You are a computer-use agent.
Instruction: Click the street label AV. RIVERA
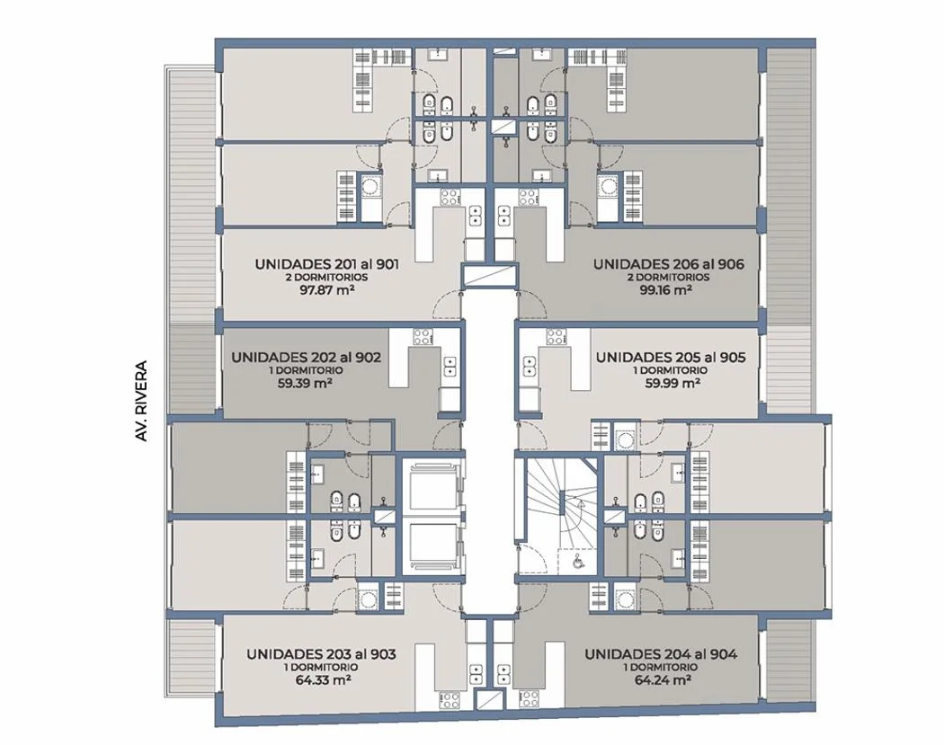(x=141, y=401)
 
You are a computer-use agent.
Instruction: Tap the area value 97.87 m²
(x=326, y=290)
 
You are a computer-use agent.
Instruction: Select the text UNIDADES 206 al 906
(x=668, y=264)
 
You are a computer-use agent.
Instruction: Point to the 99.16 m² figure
(x=664, y=290)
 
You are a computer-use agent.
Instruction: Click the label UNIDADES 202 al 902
(x=306, y=358)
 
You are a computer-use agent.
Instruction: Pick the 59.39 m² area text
(x=306, y=384)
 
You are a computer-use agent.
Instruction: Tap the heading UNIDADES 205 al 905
(x=671, y=358)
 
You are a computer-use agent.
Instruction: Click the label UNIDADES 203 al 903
(x=322, y=654)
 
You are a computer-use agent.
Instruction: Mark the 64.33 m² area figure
(x=324, y=680)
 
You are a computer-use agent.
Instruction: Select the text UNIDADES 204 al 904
(x=661, y=654)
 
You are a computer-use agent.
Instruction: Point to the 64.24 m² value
(x=663, y=680)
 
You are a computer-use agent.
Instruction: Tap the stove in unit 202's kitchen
(x=422, y=337)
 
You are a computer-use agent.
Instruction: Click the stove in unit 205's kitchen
(x=557, y=337)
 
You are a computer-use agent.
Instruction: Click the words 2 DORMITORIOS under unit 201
(x=326, y=278)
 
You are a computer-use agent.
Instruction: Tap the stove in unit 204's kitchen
(x=530, y=698)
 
